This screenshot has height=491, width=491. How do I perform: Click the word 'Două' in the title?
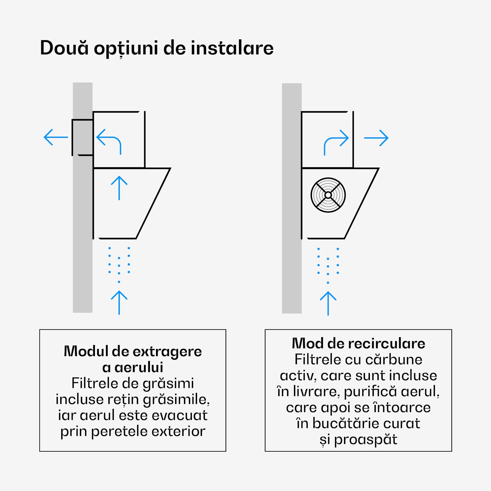tap(64, 48)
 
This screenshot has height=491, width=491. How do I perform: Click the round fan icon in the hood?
tap(328, 195)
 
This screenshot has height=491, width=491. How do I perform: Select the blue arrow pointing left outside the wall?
tap(56, 137)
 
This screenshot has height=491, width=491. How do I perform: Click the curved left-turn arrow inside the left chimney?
tap(109, 141)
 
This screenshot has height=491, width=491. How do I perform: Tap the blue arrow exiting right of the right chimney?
tap(376, 138)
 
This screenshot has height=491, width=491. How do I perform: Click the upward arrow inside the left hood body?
tap(119, 188)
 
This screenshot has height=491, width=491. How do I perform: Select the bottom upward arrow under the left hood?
tap(119, 302)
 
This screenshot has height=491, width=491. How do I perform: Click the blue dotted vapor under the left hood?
tap(119, 264)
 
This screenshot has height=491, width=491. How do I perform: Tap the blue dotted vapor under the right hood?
tap(328, 264)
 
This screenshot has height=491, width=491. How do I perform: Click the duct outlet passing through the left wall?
tap(82, 137)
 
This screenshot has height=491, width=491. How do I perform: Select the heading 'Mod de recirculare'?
tap(358, 343)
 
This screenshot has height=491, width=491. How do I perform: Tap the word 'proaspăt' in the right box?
tap(365, 440)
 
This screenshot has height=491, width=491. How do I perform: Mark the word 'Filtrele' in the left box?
tap(92, 383)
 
